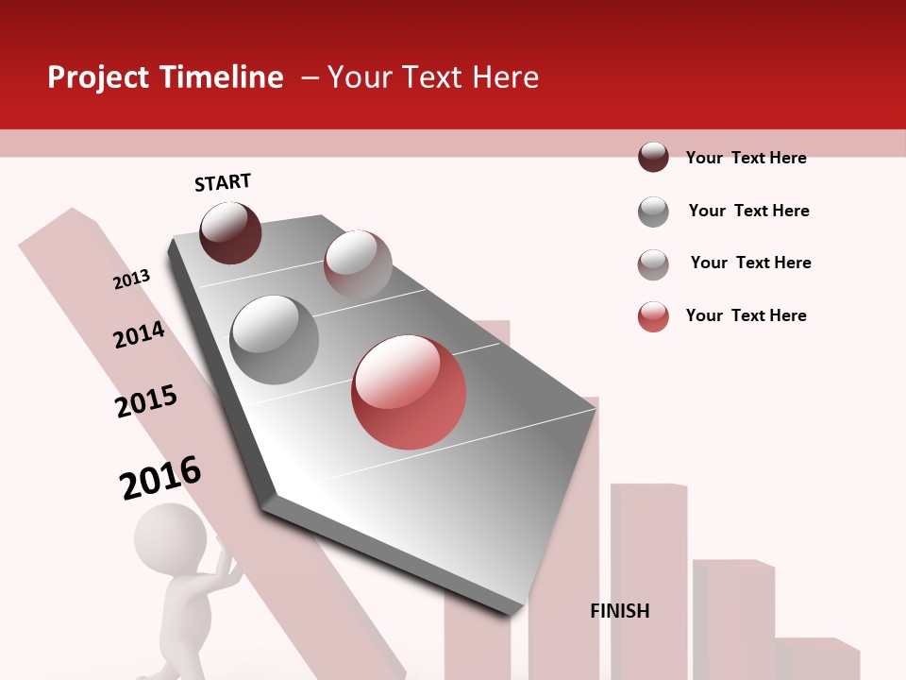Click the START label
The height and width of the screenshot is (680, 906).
click(223, 182)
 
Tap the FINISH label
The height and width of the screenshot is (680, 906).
click(620, 611)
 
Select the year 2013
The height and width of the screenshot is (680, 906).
click(132, 280)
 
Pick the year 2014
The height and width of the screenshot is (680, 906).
click(140, 335)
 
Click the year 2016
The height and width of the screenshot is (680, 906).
click(161, 478)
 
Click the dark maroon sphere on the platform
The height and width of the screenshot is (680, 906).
click(230, 232)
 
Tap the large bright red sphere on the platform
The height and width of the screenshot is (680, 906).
click(409, 392)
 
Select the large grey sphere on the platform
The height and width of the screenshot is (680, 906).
click(275, 340)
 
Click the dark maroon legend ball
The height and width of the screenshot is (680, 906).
click(653, 157)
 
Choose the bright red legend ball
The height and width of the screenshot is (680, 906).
click(653, 316)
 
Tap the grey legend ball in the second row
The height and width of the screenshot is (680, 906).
click(653, 212)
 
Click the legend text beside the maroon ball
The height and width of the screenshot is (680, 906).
click(746, 158)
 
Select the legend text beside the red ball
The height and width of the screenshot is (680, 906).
click(746, 315)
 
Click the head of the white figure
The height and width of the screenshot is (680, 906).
click(170, 538)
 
